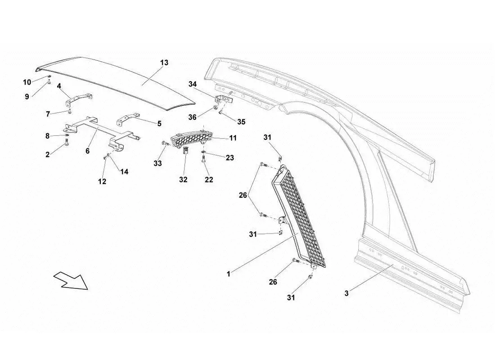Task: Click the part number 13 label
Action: pos(164,63)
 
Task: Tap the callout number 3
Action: pos(346,294)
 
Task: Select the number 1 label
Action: pos(229,274)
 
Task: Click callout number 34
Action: pos(193,84)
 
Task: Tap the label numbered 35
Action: pos(241,121)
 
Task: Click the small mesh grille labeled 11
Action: pos(187,140)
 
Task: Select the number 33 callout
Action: pos(157,164)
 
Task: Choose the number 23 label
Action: pos(230,158)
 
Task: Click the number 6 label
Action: pos(87,151)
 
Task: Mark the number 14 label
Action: pos(124,171)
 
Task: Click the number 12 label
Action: pos(103,181)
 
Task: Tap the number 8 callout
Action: pos(47,135)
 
